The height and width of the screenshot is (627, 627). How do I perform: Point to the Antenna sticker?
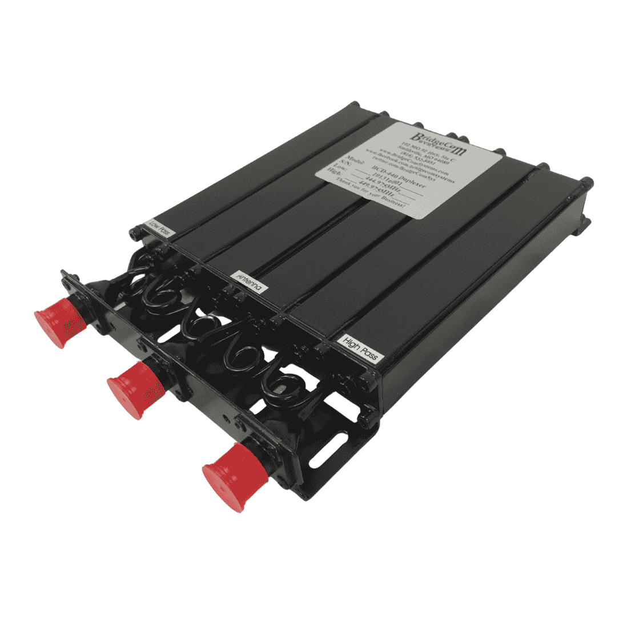(x=251, y=280)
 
